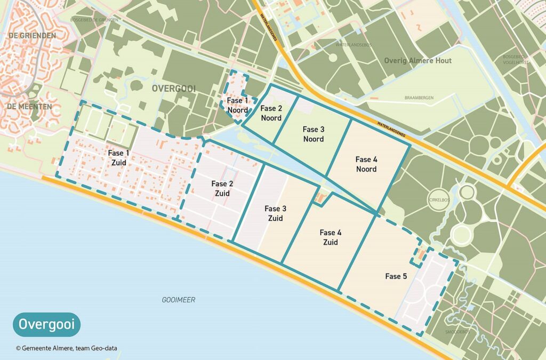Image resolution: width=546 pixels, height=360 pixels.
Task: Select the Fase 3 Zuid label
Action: coord(276,213)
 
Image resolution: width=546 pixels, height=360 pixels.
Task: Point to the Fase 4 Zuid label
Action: coord(331,237)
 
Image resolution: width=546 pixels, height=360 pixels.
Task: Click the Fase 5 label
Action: coord(396,276)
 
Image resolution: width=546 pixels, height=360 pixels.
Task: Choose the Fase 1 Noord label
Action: coord(237,106)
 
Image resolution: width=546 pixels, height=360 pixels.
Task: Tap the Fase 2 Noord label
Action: coord(271,113)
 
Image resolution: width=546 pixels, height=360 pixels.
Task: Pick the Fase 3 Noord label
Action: coord(313,134)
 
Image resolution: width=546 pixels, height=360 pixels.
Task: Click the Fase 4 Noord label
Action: coord(366,164)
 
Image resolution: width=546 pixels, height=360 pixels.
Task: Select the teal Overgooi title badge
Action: coord(46,324)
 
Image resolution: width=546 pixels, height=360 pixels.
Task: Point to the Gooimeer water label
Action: coord(178,300)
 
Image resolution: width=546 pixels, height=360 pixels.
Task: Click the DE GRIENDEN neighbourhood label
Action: coord(32,36)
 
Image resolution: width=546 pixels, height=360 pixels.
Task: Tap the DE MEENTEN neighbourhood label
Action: coord(29,107)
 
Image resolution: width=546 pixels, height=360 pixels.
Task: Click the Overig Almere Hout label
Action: coord(417,61)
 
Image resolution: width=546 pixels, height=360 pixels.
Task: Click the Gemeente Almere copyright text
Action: coord(66,348)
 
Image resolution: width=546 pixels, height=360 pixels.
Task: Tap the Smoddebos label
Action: coord(456,332)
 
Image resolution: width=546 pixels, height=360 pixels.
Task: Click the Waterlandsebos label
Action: coord(350,44)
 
